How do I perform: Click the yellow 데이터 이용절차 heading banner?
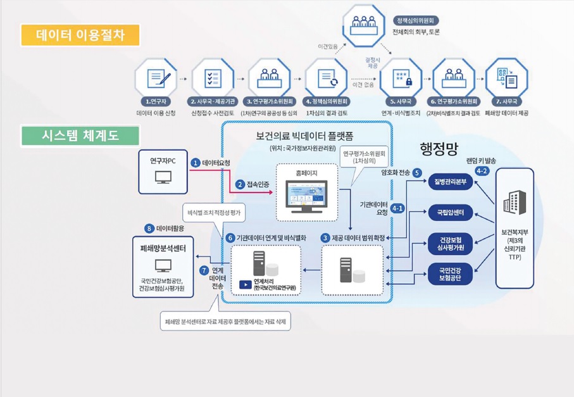[x=79, y=34]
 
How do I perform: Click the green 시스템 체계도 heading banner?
[x=79, y=135]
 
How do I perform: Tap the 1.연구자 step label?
[x=156, y=101]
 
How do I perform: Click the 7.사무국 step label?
[x=506, y=101]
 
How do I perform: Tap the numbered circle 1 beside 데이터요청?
[x=196, y=163]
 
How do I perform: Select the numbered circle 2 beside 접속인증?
[x=240, y=184]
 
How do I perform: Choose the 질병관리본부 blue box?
[x=451, y=182]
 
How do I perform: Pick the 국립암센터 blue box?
[x=451, y=213]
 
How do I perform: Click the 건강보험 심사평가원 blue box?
[x=451, y=244]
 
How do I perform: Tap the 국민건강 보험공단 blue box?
[x=451, y=274]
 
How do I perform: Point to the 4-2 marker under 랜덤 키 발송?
[x=482, y=171]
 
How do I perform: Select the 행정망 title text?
[x=439, y=148]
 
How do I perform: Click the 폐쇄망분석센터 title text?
[x=163, y=249]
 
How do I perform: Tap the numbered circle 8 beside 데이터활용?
[x=149, y=228]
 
